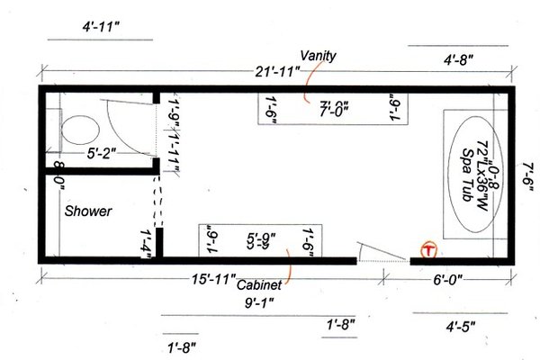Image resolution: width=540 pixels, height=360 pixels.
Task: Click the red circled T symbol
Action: [428, 248]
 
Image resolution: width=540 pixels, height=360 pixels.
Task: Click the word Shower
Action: [87, 212]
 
